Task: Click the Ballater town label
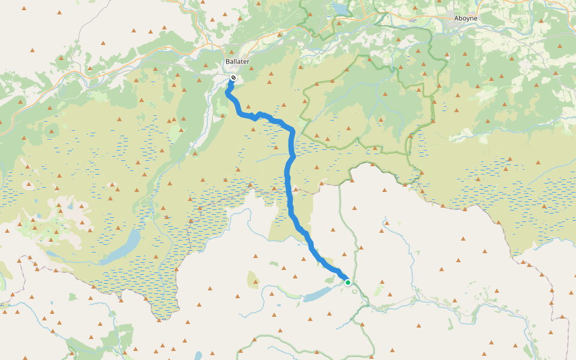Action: click(x=237, y=62)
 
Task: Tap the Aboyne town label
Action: click(x=466, y=19)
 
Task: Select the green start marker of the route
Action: click(x=347, y=282)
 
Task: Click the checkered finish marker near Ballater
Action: click(x=233, y=78)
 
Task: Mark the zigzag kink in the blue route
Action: click(x=256, y=115)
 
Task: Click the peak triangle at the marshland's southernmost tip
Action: click(x=163, y=313)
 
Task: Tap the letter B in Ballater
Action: click(x=227, y=62)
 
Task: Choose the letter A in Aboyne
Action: click(x=457, y=19)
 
